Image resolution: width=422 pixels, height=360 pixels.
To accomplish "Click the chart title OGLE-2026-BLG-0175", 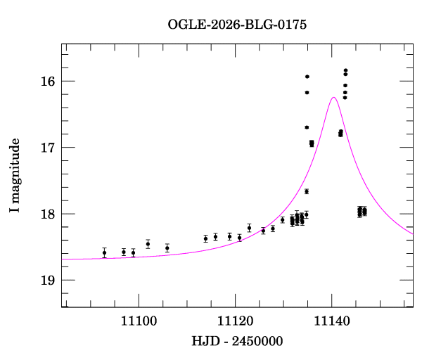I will [x=237, y=25].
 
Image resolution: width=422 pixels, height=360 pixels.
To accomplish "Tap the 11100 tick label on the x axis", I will [x=139, y=321].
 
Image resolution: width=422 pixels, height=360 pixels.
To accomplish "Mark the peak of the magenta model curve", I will [x=333, y=98].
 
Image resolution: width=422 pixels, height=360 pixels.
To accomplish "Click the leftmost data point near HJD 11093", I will [x=104, y=252].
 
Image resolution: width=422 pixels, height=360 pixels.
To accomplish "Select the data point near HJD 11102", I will [x=148, y=244].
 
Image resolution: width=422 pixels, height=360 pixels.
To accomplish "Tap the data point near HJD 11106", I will [x=167, y=247].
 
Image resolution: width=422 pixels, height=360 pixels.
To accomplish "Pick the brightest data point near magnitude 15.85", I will [x=346, y=70].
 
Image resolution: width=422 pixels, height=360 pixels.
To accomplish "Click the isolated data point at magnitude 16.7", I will [x=307, y=127].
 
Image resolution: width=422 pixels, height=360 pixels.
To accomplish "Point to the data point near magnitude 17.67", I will [x=307, y=191].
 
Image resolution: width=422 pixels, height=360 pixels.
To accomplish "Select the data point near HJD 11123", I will [x=250, y=228].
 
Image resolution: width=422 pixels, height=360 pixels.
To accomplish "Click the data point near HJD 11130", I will [x=283, y=220].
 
